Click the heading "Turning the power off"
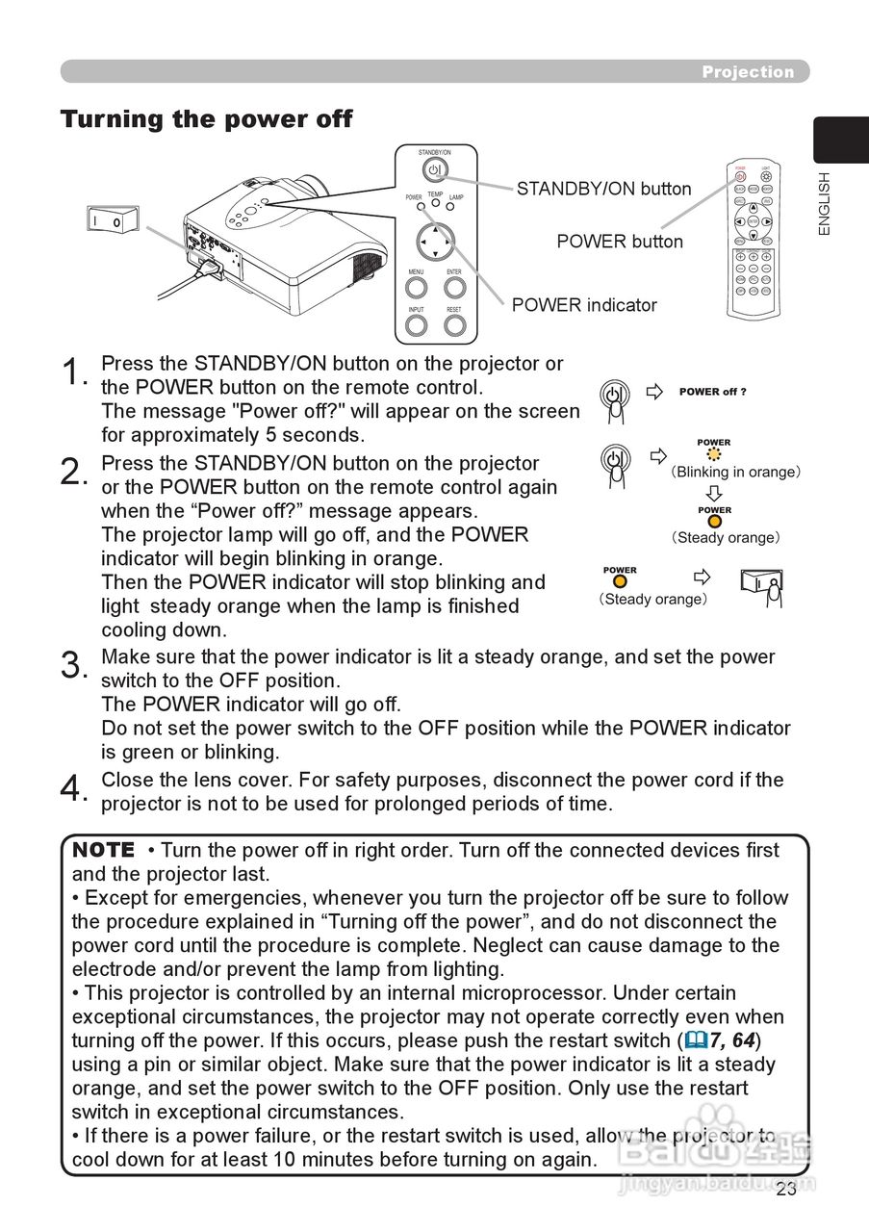click(x=206, y=119)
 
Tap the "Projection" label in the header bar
click(x=748, y=72)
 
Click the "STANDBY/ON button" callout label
click(x=603, y=189)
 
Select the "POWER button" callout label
click(x=620, y=242)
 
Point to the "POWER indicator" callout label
click(x=584, y=305)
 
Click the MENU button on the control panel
click(x=416, y=288)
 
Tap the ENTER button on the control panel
click(x=454, y=288)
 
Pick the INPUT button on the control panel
click(x=416, y=324)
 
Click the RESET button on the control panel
click(x=454, y=324)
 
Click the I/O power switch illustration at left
click(x=112, y=219)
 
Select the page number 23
click(x=786, y=1189)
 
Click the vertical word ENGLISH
click(x=824, y=203)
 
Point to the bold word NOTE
click(x=104, y=850)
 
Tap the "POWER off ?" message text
click(x=712, y=392)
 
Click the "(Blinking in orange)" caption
click(x=736, y=473)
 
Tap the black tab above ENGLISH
click(x=840, y=141)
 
